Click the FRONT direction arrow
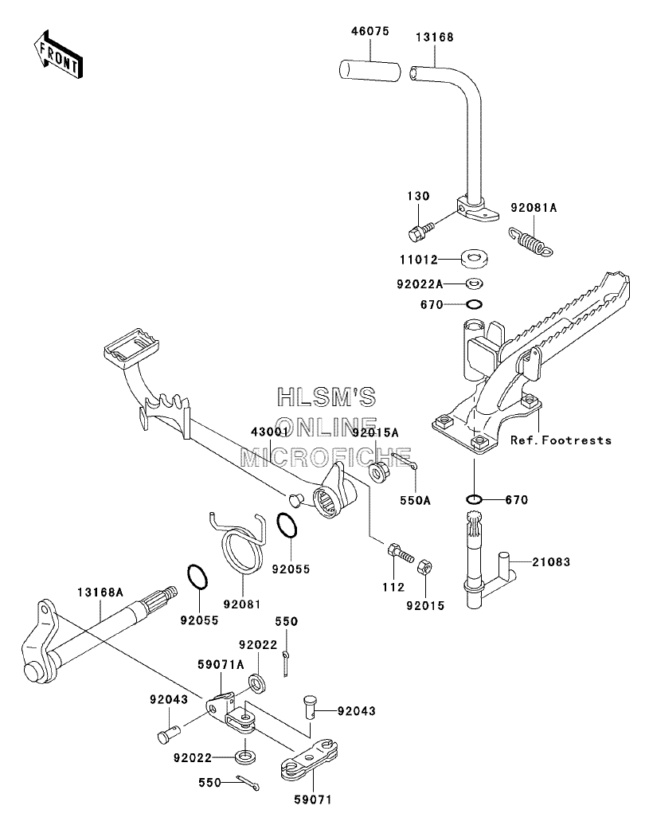[x=58, y=54]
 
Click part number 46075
[x=370, y=31]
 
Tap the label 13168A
[x=100, y=592]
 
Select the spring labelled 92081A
[x=531, y=242]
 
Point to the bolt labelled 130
[x=421, y=232]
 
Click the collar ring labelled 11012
[x=474, y=258]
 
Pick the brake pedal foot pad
[x=131, y=349]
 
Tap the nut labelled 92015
[x=425, y=567]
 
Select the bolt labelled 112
[x=401, y=553]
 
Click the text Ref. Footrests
[x=561, y=440]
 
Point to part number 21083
[x=551, y=562]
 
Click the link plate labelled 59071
[x=308, y=761]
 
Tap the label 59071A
[x=221, y=665]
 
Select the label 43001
[x=270, y=432]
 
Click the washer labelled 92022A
[x=475, y=284]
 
